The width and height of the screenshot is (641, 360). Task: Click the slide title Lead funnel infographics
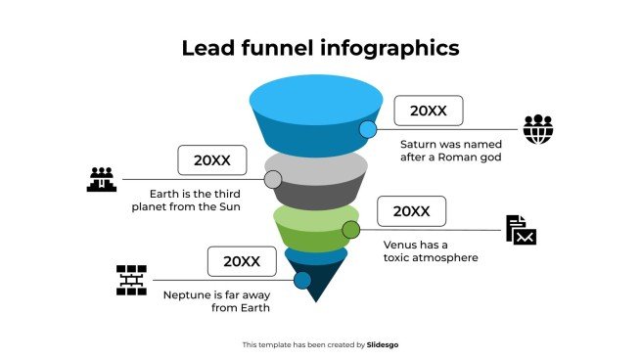320,48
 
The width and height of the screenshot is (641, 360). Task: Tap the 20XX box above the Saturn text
428,112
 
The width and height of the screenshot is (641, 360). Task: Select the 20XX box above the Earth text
211,160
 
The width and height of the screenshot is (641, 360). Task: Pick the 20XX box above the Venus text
411,211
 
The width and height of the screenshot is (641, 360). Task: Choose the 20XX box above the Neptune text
241,261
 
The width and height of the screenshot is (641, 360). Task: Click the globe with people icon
537,129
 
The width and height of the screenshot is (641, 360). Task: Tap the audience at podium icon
101,179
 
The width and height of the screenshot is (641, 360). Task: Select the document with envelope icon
521,230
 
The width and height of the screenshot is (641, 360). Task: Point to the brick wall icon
130,280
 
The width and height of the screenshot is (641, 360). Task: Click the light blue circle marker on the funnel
368,129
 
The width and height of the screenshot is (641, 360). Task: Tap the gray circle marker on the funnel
273,179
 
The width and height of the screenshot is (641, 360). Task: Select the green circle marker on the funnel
350,230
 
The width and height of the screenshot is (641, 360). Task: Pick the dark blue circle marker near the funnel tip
302,281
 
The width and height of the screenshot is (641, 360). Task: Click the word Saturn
421,144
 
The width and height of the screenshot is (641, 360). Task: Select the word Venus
401,244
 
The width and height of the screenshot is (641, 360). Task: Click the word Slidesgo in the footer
383,344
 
